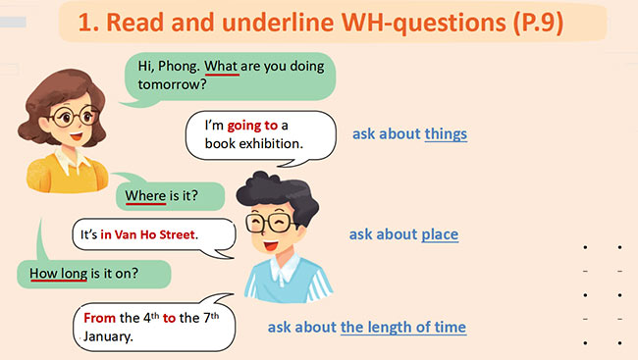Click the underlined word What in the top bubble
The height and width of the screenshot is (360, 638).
click(222, 68)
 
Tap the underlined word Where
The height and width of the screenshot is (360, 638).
click(145, 195)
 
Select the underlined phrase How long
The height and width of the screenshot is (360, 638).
click(59, 273)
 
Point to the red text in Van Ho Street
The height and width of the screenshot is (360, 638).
click(148, 235)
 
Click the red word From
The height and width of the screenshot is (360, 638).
click(99, 318)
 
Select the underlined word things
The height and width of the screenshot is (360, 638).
click(446, 133)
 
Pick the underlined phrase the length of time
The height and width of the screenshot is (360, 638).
click(403, 327)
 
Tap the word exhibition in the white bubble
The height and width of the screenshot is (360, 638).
click(269, 144)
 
